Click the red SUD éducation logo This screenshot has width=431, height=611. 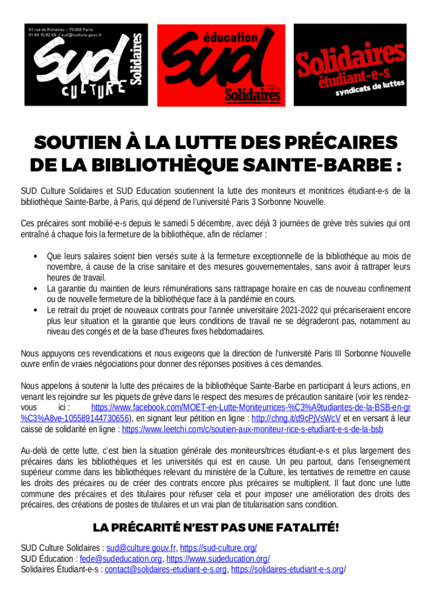pyautogui.click(x=221, y=64)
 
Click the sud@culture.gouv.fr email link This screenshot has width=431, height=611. pyautogui.click(x=141, y=548)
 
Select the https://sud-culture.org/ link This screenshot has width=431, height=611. pyautogui.click(x=219, y=548)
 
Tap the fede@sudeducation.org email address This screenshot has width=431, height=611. pyautogui.click(x=121, y=559)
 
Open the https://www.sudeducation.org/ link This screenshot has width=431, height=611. pyautogui.click(x=217, y=559)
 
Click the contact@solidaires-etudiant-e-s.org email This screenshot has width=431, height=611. pyautogui.click(x=166, y=570)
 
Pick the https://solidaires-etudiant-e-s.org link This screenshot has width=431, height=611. pyautogui.click(x=287, y=570)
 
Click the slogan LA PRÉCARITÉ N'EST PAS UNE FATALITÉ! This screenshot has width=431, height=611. pyautogui.click(x=216, y=528)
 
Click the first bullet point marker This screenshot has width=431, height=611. pyautogui.click(x=36, y=257)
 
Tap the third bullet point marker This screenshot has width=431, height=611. pyautogui.click(x=36, y=311)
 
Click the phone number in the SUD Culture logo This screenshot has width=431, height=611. pyautogui.click(x=42, y=35)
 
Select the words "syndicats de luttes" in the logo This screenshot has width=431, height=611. pyautogui.click(x=370, y=88)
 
